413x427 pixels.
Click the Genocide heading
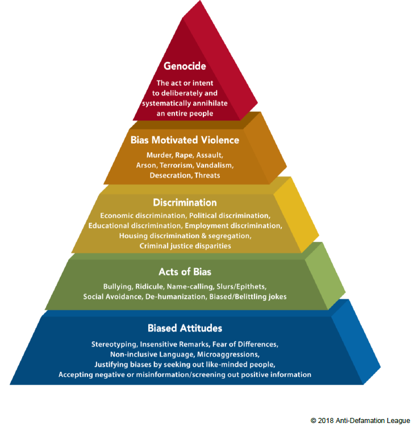(x=185, y=66)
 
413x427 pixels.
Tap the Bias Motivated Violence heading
(x=185, y=140)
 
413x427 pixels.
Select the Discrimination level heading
(x=185, y=203)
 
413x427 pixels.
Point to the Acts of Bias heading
(x=185, y=272)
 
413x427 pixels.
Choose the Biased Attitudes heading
(x=185, y=328)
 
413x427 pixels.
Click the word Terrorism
(x=177, y=165)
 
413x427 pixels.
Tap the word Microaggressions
(x=228, y=354)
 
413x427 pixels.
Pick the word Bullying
(x=118, y=287)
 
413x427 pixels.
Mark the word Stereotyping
(x=114, y=345)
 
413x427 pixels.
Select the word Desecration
(x=171, y=175)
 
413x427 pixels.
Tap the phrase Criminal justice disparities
(x=185, y=246)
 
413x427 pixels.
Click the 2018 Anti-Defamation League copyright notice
(x=360, y=420)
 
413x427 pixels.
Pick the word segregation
(x=230, y=236)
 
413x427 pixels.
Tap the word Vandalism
(x=215, y=165)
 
